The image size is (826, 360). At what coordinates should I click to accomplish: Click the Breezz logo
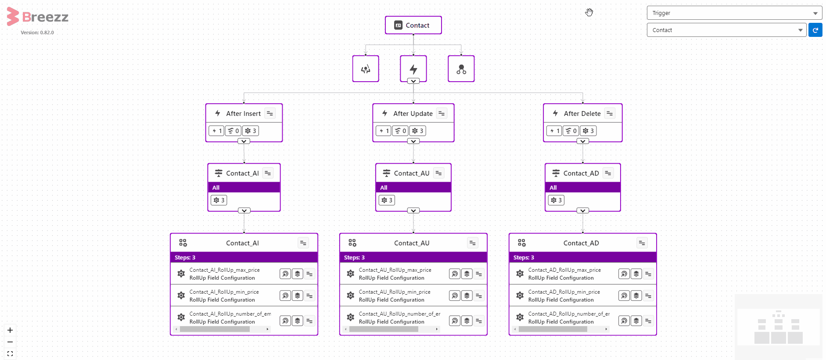tap(38, 17)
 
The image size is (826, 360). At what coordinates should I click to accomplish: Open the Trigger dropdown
tap(734, 13)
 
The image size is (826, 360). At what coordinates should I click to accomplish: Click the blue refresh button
tap(815, 30)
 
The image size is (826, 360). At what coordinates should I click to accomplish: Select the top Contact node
tap(413, 25)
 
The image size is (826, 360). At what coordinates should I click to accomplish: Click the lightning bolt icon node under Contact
tap(413, 68)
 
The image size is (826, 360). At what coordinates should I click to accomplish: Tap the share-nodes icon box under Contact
tap(461, 68)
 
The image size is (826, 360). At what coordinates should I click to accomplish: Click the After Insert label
tap(243, 114)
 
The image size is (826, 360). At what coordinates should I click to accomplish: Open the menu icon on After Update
tap(442, 113)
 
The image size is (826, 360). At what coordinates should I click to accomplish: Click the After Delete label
tap(582, 114)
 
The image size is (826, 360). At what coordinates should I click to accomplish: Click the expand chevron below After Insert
tap(244, 141)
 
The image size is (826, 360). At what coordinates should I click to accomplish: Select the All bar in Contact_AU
tap(413, 187)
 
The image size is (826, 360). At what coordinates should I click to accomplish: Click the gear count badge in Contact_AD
tap(556, 200)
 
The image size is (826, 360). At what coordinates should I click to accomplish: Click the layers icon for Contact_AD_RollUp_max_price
tap(636, 274)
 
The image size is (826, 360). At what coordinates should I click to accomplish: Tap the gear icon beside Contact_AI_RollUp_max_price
tap(181, 274)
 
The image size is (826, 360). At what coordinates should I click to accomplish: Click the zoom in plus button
tap(10, 330)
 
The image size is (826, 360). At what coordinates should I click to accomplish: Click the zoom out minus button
tap(10, 342)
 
